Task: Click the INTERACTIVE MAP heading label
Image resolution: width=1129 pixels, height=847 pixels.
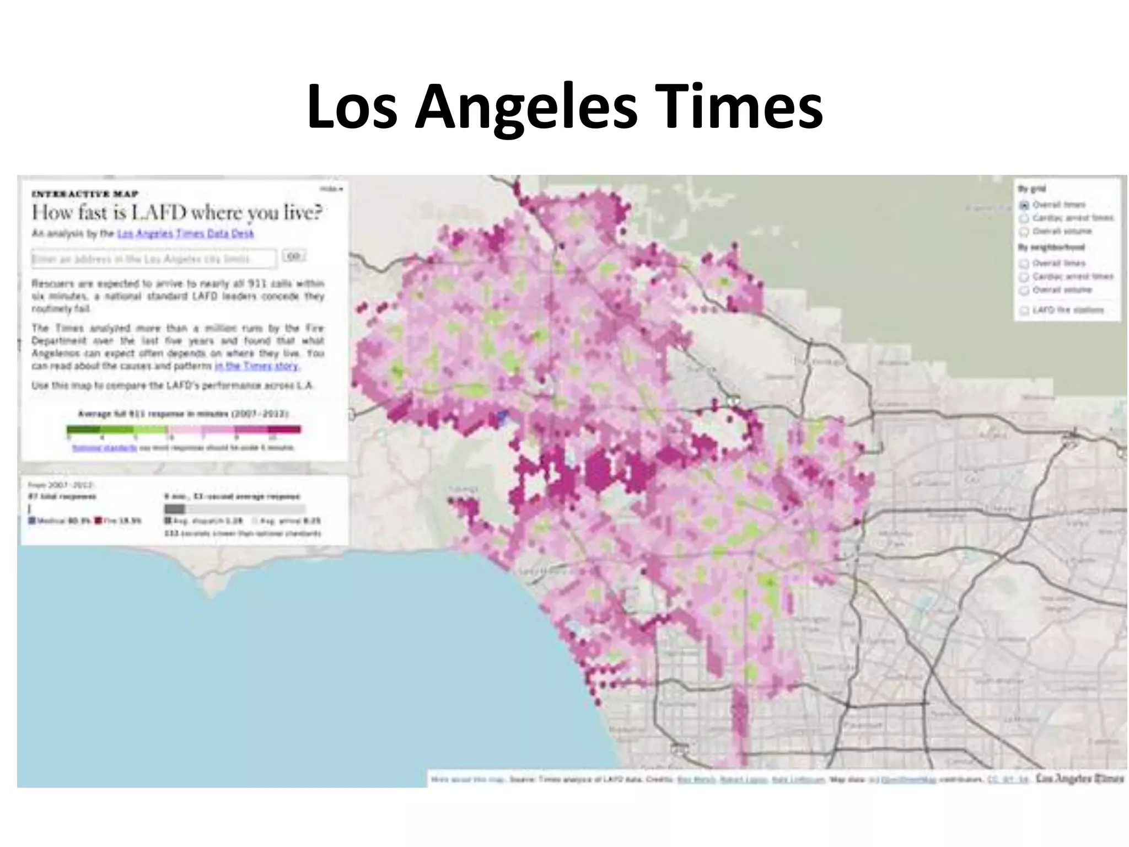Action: click(85, 194)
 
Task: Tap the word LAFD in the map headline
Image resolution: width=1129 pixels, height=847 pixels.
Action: click(160, 212)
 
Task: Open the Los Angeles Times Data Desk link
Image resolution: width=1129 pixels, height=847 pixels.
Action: click(185, 234)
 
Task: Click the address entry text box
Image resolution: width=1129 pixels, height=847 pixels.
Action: click(154, 259)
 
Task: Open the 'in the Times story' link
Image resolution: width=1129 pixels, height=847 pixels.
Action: click(257, 366)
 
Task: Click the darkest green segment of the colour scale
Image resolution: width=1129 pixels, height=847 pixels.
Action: click(83, 429)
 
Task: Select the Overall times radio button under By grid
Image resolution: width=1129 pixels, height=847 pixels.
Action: click(1024, 205)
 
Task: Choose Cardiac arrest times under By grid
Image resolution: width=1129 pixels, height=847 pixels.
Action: click(1024, 218)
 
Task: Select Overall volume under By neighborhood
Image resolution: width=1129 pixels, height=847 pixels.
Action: click(1024, 290)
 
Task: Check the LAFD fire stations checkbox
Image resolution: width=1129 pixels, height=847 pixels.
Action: click(1024, 310)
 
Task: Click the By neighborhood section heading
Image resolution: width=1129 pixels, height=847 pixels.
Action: click(1051, 247)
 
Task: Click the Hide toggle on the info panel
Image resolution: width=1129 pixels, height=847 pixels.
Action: click(331, 189)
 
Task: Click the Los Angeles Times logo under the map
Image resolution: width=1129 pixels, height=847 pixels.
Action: click(1079, 779)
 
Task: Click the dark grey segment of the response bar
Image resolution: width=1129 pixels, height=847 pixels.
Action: click(175, 508)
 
